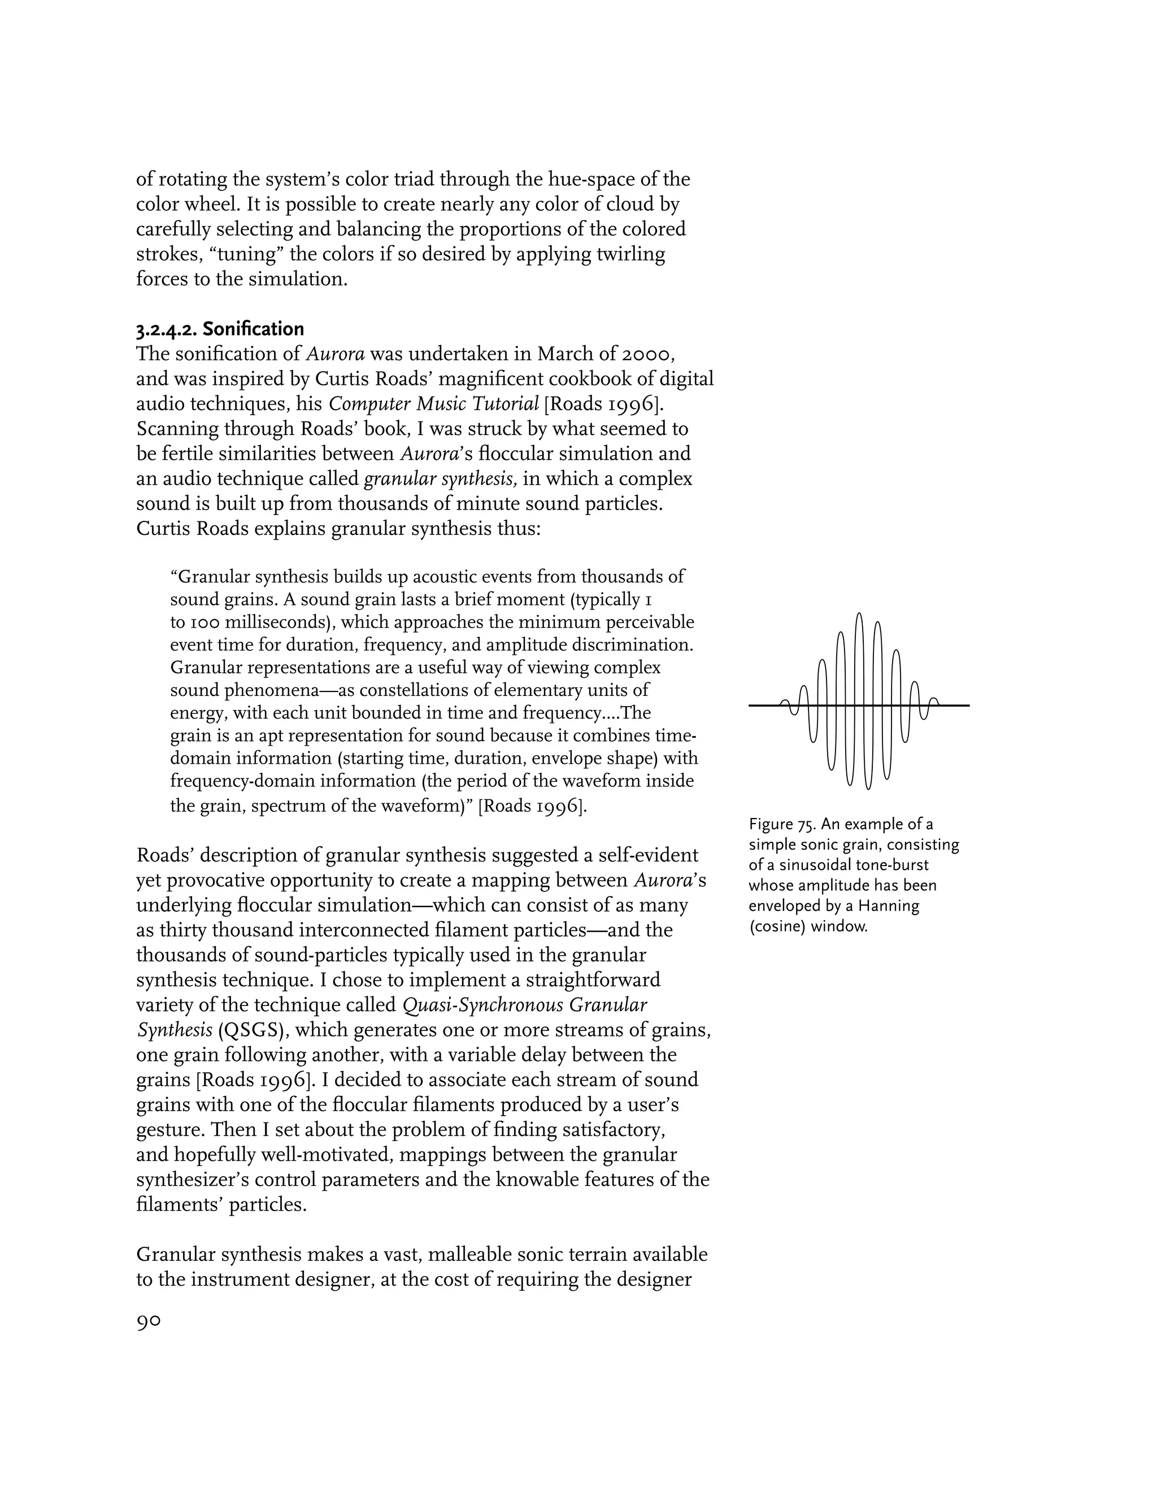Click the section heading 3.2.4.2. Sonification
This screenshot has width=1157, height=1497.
(x=219, y=329)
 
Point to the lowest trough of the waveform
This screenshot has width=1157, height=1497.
(x=868, y=787)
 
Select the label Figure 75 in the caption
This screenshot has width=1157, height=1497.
(x=781, y=824)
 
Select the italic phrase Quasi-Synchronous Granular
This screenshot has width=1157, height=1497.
(x=524, y=1005)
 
